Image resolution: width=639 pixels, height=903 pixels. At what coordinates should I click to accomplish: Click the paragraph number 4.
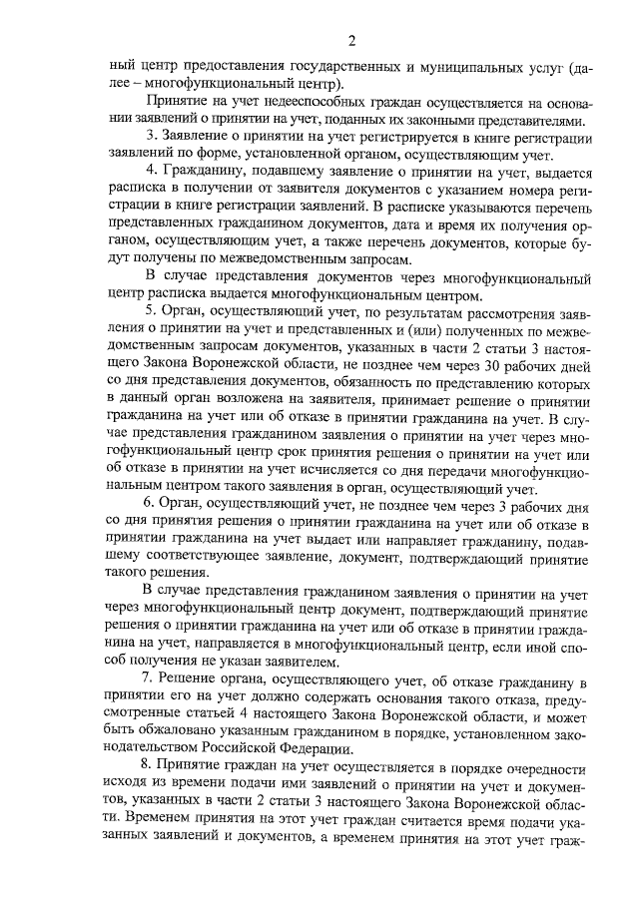(x=151, y=172)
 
